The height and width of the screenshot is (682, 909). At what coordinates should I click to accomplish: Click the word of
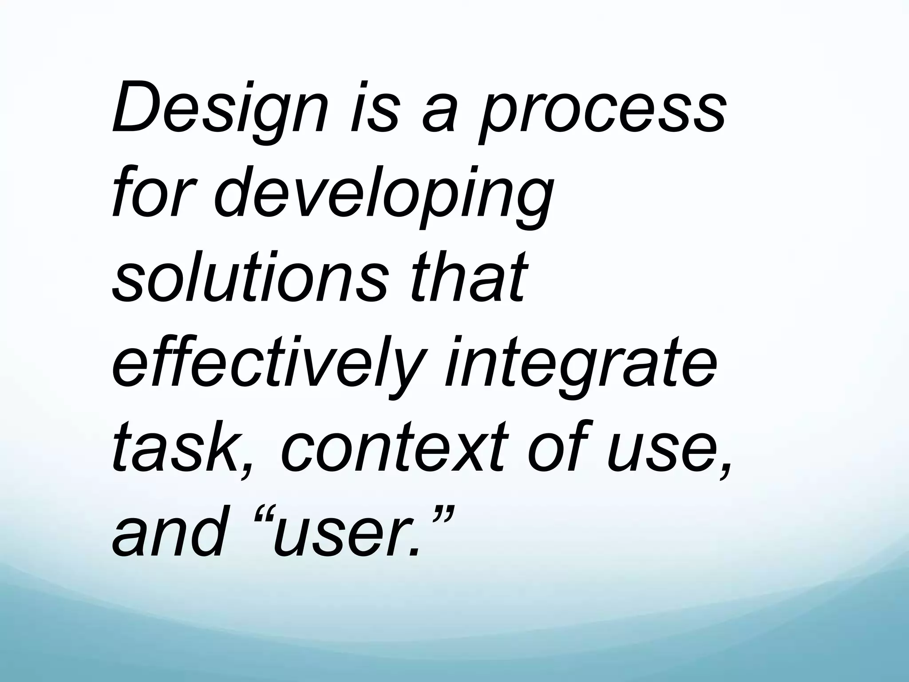tap(557, 444)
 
